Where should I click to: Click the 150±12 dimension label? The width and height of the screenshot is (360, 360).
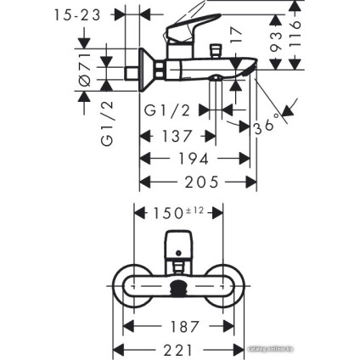[179, 213]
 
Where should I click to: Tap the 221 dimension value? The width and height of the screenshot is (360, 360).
[178, 349]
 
